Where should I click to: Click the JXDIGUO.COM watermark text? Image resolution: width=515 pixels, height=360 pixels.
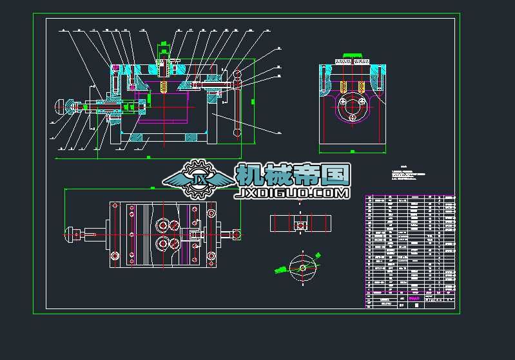tap(293, 193)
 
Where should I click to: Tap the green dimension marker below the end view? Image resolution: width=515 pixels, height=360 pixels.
tap(353, 151)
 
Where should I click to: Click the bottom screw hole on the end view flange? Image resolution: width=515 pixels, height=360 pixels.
tap(353, 118)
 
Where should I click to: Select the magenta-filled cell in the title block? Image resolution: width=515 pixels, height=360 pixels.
tap(415, 298)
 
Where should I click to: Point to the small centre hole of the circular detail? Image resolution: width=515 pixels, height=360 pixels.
tap(302, 267)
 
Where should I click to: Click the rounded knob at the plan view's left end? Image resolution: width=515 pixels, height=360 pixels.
tap(72, 234)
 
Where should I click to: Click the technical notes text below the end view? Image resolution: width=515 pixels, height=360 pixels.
tap(409, 175)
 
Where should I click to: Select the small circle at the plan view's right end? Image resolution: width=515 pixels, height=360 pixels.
tap(237, 233)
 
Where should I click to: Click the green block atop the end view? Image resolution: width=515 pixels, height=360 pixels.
tap(352, 55)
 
